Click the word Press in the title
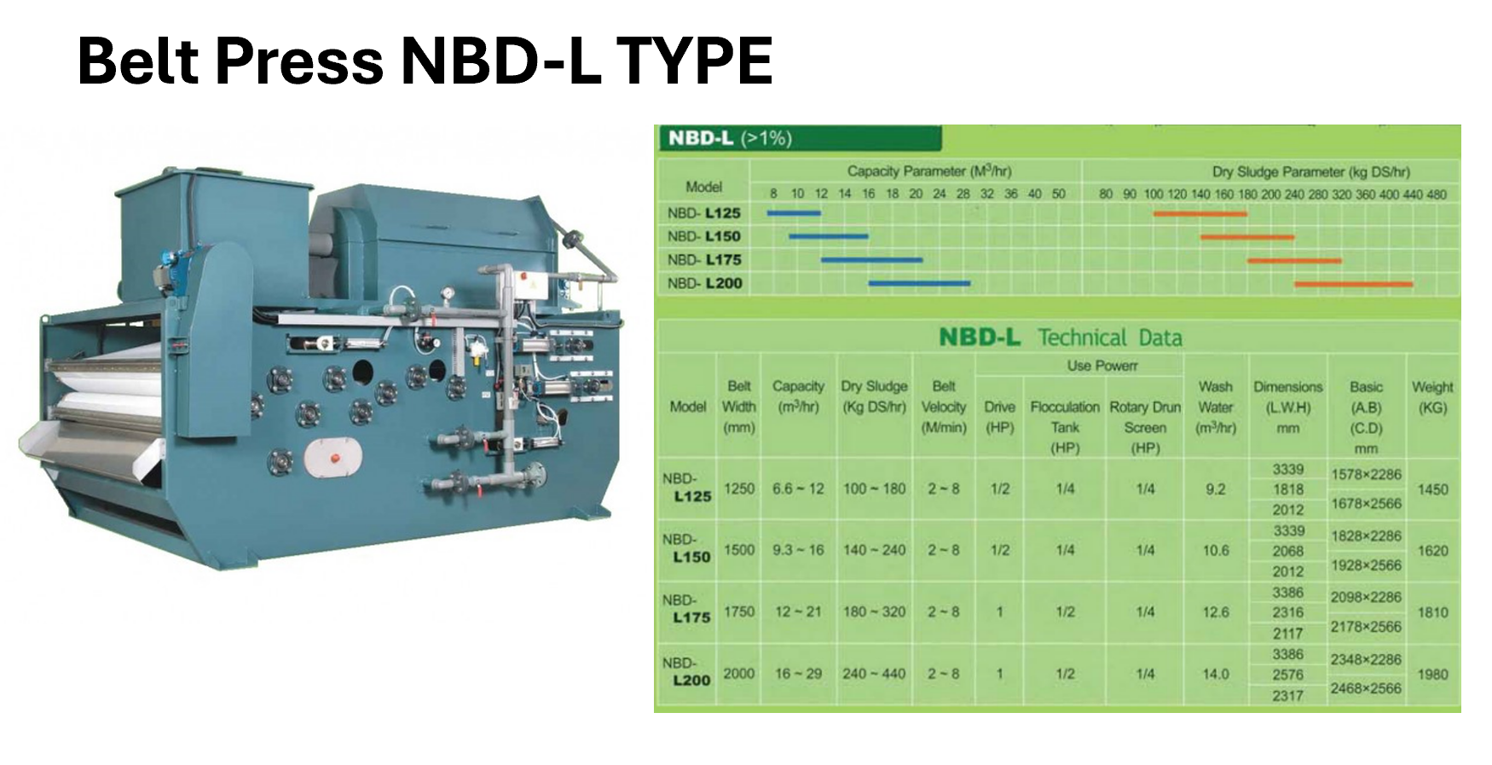point(299,61)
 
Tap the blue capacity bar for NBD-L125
point(794,213)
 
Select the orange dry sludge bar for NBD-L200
point(1354,284)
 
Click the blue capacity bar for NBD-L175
point(871,259)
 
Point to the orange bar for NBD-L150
point(1247,237)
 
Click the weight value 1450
point(1432,490)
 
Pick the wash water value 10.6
point(1216,551)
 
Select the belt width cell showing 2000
point(739,674)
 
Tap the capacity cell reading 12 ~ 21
point(798,612)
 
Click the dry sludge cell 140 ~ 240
point(874,551)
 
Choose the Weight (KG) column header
point(1432,397)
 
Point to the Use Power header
point(1102,366)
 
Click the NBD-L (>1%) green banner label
point(730,138)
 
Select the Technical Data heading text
point(1110,338)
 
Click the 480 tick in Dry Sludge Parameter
point(1437,194)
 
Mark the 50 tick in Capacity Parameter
point(1058,194)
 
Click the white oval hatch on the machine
point(333,456)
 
